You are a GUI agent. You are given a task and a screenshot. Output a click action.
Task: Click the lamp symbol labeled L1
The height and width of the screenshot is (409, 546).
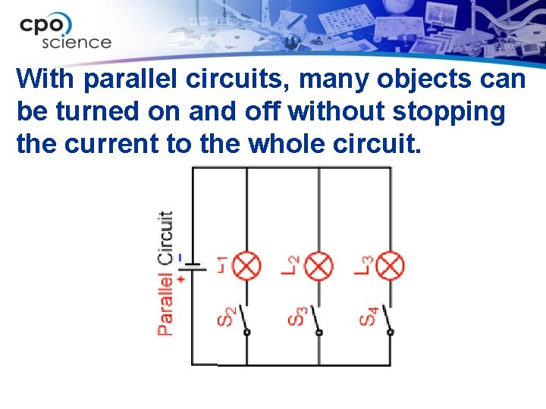[246, 266]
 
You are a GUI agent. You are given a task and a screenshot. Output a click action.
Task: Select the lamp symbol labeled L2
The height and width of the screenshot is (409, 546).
[319, 266]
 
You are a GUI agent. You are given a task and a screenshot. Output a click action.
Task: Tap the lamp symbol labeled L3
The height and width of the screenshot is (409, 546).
[391, 266]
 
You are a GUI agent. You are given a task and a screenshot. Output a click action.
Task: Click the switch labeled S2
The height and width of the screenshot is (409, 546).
[245, 320]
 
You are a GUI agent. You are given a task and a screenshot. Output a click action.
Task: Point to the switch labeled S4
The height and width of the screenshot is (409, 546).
[390, 320]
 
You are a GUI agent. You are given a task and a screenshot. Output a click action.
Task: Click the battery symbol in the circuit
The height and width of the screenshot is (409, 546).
[191, 267]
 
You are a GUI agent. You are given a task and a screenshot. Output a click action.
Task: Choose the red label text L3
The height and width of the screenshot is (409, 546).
[364, 264]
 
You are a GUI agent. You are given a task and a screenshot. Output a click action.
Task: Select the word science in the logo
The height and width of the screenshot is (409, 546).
[76, 42]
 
